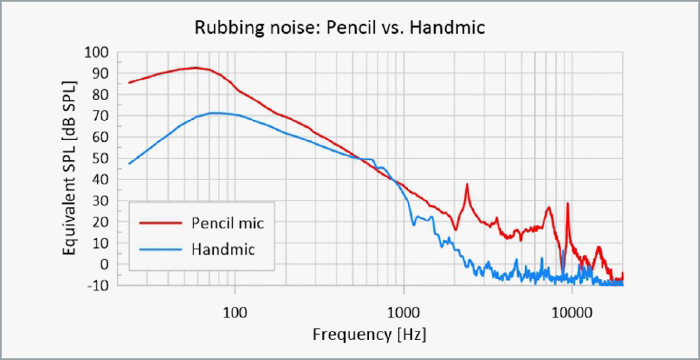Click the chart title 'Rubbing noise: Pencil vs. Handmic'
point(340,28)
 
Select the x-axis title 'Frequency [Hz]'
point(369,334)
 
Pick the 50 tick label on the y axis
point(101,158)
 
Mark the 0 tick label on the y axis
point(105,264)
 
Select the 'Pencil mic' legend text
point(228,223)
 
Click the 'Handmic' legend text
point(223,249)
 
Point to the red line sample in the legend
point(161,223)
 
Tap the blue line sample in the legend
point(161,249)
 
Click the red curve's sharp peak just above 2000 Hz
point(467,184)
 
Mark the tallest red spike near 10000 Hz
point(567,204)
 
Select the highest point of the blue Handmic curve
point(214,113)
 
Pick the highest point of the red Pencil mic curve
point(196,68)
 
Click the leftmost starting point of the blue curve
point(129,164)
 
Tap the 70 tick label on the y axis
point(101,116)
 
